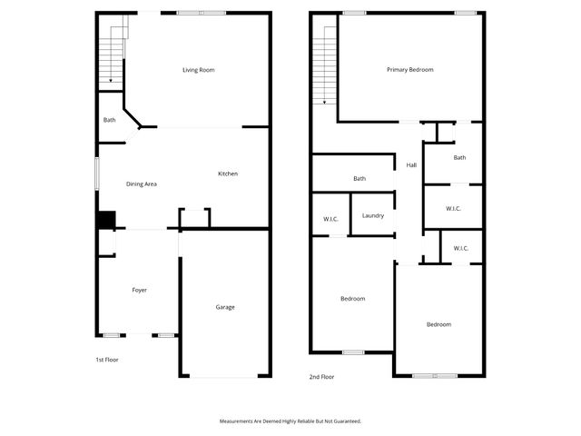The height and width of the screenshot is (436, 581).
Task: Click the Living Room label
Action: pyautogui.click(x=199, y=70)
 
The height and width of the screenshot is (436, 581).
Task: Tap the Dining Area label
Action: pyautogui.click(x=142, y=184)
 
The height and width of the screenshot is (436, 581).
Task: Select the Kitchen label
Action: pyautogui.click(x=228, y=173)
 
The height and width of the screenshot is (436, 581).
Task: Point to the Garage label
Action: pyautogui.click(x=225, y=307)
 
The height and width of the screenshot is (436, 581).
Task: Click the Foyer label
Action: pyautogui.click(x=140, y=290)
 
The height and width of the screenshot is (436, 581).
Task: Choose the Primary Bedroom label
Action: pyautogui.click(x=410, y=70)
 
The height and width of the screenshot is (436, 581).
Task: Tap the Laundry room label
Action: pyautogui.click(x=373, y=215)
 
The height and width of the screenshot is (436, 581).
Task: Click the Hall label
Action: pyautogui.click(x=411, y=165)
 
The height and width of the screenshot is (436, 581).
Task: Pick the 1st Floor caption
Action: pyautogui.click(x=107, y=360)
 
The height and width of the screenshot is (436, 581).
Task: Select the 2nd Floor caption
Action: pyautogui.click(x=322, y=376)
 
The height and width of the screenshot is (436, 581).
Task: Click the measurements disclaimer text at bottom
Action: pyautogui.click(x=290, y=421)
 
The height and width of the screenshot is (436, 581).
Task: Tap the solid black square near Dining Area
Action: pyautogui.click(x=106, y=220)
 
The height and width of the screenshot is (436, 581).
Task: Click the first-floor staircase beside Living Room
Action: pyautogui.click(x=112, y=53)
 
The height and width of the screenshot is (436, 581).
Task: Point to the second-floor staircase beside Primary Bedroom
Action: pyautogui.click(x=324, y=64)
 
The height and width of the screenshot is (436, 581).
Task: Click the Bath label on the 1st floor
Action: pyautogui.click(x=109, y=120)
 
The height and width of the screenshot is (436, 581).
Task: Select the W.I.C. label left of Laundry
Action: pyautogui.click(x=330, y=219)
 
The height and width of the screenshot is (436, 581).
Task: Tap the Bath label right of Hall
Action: pyautogui.click(x=459, y=158)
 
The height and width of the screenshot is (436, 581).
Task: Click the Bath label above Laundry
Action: pyautogui.click(x=359, y=179)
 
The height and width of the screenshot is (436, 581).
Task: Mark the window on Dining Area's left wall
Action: pyautogui.click(x=98, y=174)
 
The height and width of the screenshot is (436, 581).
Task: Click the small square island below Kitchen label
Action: pyautogui.click(x=194, y=219)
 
